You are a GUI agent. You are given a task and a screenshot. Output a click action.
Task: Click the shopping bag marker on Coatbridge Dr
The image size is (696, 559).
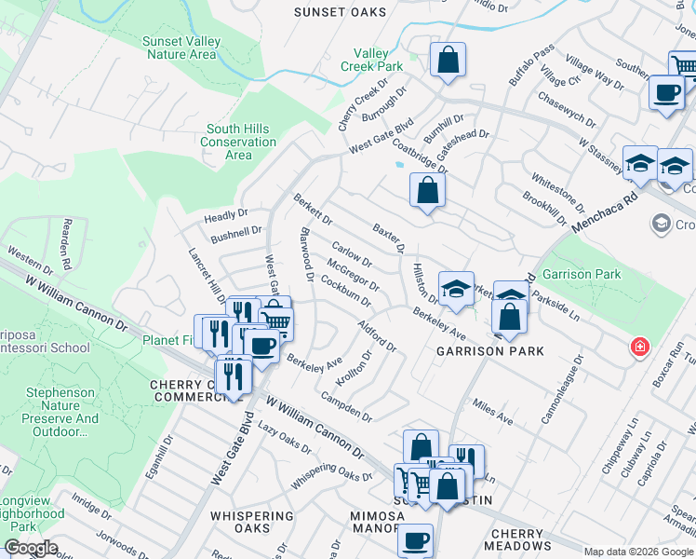pyautogui.click(x=427, y=190)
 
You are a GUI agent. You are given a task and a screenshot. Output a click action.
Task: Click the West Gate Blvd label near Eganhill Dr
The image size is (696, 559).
pyautogui.click(x=231, y=450)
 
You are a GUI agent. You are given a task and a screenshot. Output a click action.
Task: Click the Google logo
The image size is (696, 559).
pyautogui.click(x=30, y=549)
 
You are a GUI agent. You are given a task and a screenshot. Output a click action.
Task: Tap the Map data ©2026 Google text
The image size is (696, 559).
pyautogui.click(x=638, y=552)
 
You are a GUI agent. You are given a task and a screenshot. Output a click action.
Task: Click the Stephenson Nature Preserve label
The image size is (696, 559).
pyautogui.click(x=62, y=412)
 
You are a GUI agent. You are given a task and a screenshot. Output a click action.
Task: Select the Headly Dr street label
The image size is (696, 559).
pyautogui.click(x=226, y=216)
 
